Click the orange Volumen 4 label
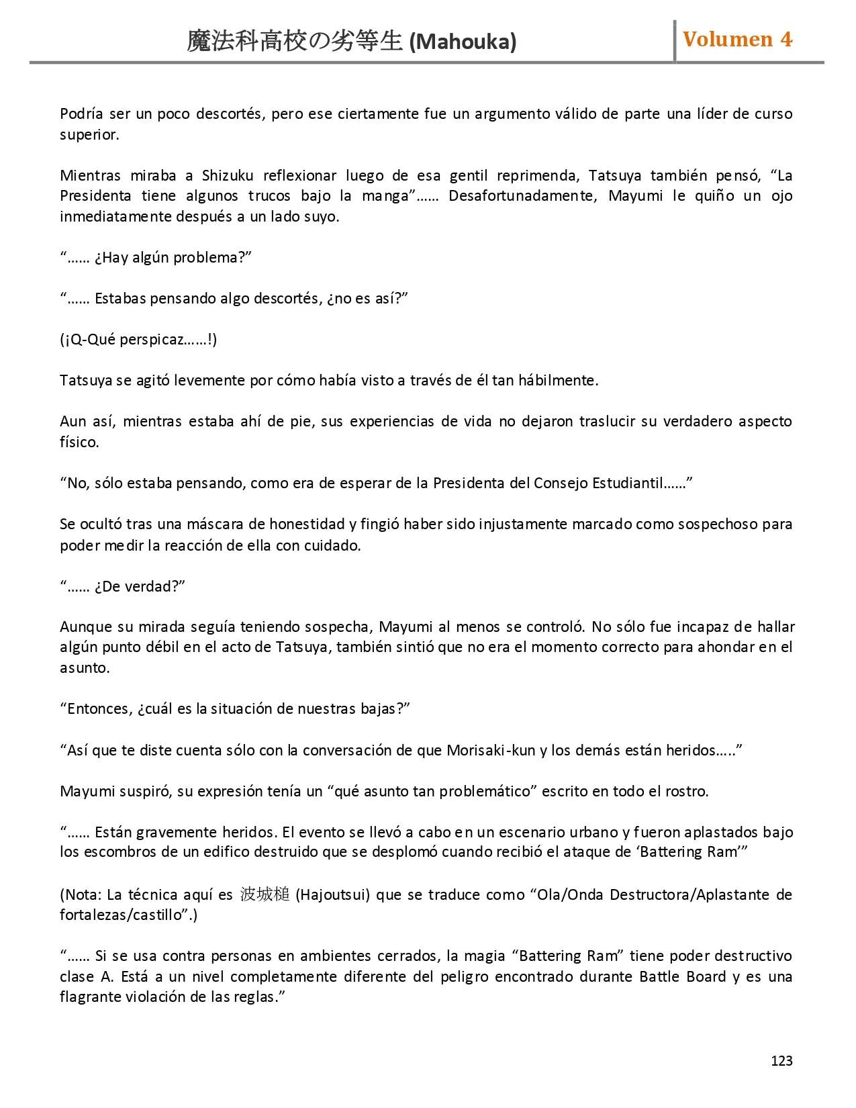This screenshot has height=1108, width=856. click(737, 40)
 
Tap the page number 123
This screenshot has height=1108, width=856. click(781, 1061)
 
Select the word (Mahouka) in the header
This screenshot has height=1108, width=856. click(463, 42)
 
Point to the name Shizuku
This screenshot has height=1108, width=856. click(228, 176)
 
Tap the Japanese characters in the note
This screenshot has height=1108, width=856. click(265, 895)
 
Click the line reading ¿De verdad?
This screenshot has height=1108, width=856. click(122, 587)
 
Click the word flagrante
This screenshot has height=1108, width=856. click(90, 997)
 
